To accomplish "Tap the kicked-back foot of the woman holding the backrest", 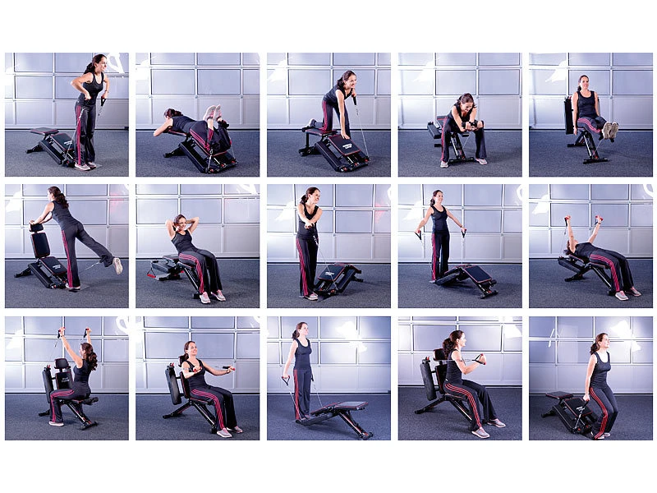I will click(117, 265).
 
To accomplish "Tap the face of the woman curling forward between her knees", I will click(465, 103).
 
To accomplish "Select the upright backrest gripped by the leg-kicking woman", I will click(39, 244).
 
